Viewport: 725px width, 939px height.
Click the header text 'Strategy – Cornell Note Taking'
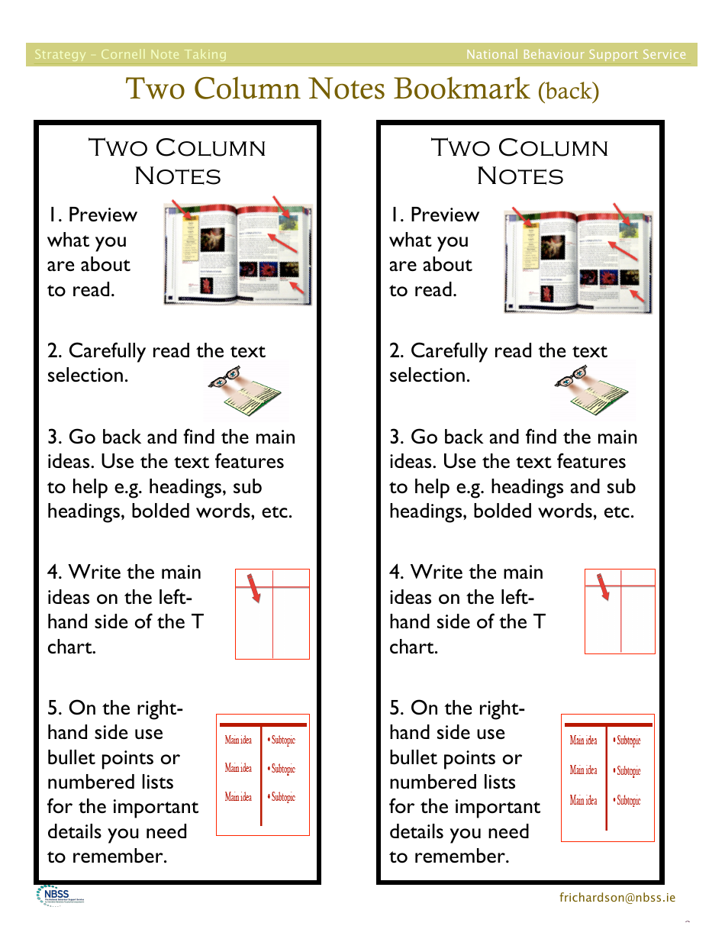click(130, 54)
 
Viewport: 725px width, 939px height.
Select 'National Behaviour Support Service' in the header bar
click(576, 54)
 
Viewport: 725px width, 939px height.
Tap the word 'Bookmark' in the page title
click(462, 89)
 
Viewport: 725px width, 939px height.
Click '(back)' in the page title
click(569, 92)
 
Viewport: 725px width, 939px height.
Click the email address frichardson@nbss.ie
click(617, 898)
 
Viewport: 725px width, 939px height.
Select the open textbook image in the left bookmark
click(238, 254)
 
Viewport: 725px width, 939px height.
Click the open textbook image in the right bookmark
click(579, 260)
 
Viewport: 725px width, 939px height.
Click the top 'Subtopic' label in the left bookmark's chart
click(282, 741)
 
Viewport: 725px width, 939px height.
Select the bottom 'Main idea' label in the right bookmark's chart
click(584, 800)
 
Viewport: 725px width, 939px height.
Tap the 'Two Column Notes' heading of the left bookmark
click(177, 161)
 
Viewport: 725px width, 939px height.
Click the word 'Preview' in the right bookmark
click(444, 215)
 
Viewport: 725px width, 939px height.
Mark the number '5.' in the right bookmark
click(398, 708)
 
